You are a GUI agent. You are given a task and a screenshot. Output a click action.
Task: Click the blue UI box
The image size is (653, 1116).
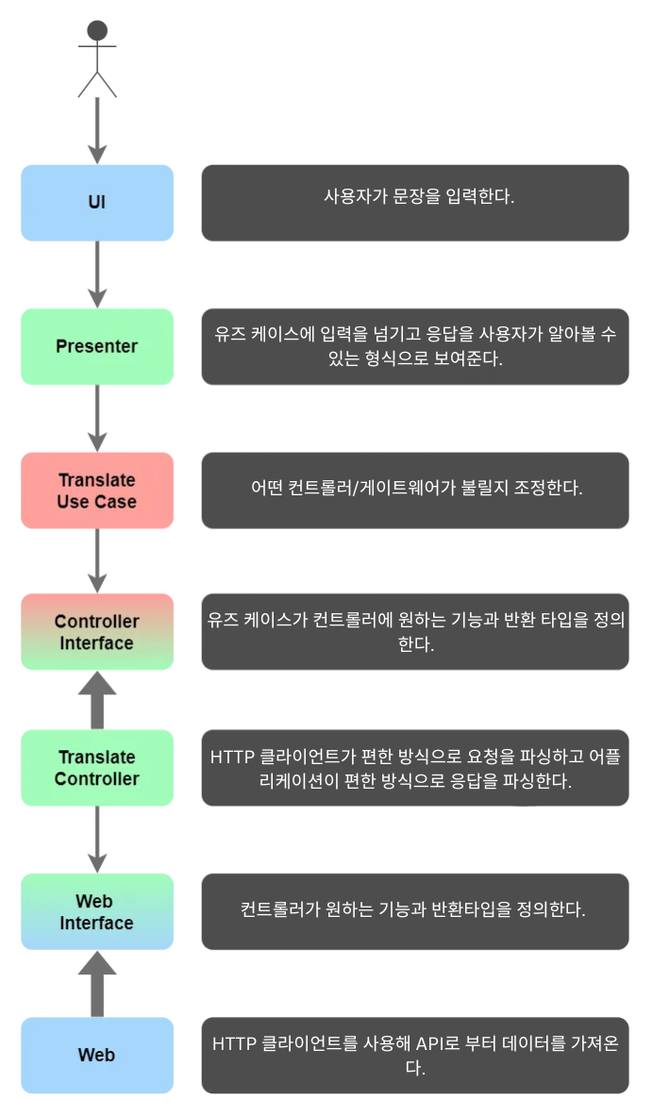[x=97, y=203]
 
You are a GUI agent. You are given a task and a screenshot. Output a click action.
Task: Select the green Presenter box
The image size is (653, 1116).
[x=97, y=346]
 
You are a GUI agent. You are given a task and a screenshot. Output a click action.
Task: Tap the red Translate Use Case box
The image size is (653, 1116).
[x=97, y=491]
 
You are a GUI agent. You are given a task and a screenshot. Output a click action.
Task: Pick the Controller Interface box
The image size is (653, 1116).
[x=97, y=632]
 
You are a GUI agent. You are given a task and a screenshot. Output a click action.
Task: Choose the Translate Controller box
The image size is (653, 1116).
[x=97, y=768]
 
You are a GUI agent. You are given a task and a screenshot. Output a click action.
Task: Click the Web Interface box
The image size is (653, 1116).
[x=97, y=911]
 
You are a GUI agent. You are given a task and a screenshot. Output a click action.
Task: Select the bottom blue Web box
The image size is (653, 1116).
[x=97, y=1055]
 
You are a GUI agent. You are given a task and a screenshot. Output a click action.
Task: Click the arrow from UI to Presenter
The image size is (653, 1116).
[x=97, y=274]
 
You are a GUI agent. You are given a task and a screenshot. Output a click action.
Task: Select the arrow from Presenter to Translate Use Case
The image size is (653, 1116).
[x=97, y=418]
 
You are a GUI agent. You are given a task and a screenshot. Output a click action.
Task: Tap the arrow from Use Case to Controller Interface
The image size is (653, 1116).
[x=97, y=560]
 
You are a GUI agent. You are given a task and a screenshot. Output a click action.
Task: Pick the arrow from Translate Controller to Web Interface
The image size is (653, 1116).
[x=97, y=839]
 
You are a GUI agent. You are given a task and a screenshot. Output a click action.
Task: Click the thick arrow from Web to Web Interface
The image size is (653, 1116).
[x=97, y=984]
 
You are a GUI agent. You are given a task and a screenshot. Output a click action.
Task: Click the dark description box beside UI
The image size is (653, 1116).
[x=415, y=203]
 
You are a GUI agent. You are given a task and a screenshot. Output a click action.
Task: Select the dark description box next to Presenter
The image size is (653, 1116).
[x=415, y=346]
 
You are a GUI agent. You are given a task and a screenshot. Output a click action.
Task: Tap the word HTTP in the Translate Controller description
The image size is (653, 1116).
[x=229, y=758]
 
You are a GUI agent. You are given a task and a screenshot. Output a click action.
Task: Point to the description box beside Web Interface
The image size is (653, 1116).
[x=415, y=911]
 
